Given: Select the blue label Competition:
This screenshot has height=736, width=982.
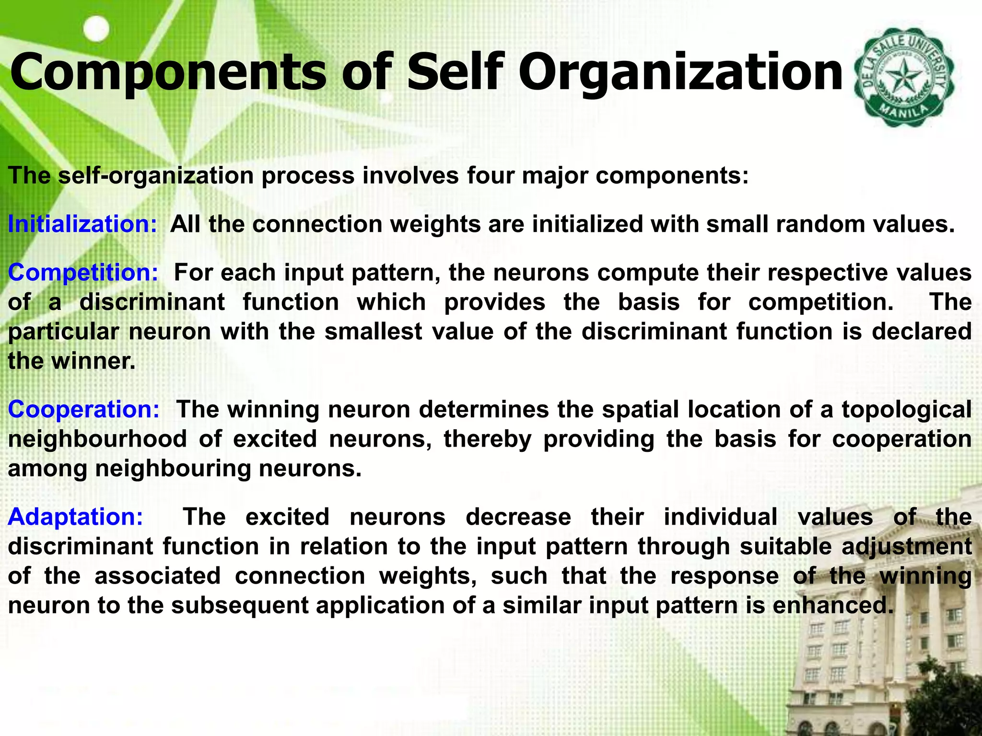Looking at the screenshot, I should point(83,273).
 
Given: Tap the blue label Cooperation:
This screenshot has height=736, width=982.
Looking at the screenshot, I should point(83,410).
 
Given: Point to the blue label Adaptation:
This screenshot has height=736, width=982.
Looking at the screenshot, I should point(75,517).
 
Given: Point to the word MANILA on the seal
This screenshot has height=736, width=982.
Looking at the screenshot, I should point(903,113).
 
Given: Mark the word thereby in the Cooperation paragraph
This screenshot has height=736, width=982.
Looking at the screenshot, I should point(487,439).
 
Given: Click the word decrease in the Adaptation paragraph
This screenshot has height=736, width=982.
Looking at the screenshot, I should point(518,517).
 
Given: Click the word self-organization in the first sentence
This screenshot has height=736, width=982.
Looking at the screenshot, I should point(155,175).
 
